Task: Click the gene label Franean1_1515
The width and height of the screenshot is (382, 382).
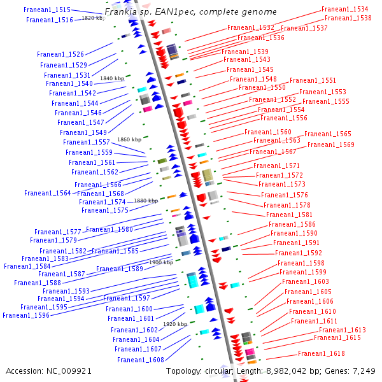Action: coord(47,10)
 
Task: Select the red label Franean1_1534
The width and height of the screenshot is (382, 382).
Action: coord(344,9)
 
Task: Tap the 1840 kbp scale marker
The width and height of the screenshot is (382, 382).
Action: coord(112,78)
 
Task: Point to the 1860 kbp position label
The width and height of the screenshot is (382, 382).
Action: coord(129,139)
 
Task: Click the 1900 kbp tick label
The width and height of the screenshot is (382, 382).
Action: coord(161,262)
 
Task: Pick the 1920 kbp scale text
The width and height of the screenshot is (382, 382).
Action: coord(175,324)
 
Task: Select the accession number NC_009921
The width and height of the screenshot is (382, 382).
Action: coord(69,371)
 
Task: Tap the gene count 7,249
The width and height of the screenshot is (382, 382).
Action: coord(364,371)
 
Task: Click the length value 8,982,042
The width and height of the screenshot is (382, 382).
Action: coord(286,371)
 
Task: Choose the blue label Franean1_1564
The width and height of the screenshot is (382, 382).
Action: coord(48,193)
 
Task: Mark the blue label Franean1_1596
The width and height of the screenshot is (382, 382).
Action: coord(26,315)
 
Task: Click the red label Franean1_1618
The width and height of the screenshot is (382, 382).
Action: coord(322,353)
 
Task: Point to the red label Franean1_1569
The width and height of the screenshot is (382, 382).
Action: coord(331,145)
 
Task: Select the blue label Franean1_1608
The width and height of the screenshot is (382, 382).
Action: coord(141,360)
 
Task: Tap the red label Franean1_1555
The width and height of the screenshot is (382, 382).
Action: coord(326,101)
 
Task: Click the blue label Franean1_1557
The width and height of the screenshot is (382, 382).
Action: coord(87,142)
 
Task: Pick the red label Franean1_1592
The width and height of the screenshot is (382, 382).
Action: coord(299,253)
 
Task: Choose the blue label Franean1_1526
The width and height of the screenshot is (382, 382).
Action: coord(60,54)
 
